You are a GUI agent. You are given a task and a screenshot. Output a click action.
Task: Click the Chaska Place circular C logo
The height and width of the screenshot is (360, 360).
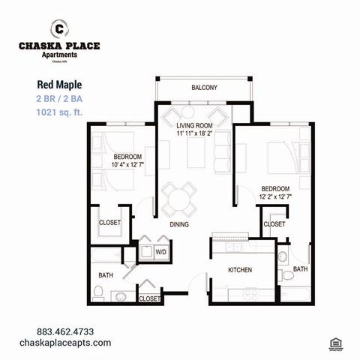coord(58,29)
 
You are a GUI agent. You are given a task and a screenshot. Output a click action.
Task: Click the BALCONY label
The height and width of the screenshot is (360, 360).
coord(204,88)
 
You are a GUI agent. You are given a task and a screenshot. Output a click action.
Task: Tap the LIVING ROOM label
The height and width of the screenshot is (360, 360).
coord(195,125)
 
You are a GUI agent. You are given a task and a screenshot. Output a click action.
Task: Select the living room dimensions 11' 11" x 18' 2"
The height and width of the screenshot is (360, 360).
coord(195,133)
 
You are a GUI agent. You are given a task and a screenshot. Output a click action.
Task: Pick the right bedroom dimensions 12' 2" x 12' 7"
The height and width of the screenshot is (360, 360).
coord(275,196)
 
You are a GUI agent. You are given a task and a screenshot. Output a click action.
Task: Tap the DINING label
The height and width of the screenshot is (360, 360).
coord(178,224)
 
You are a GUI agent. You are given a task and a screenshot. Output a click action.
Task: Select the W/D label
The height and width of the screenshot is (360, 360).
coord(160,252)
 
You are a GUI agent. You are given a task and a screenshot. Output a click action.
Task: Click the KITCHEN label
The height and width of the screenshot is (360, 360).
coord(240,270)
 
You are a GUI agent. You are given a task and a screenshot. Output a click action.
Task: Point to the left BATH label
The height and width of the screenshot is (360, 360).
coord(105,274)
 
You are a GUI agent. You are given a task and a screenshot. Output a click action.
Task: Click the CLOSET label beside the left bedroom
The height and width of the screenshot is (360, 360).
coord(110,222)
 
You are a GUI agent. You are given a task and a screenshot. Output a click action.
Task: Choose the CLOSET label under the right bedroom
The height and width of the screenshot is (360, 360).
coord(274,223)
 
